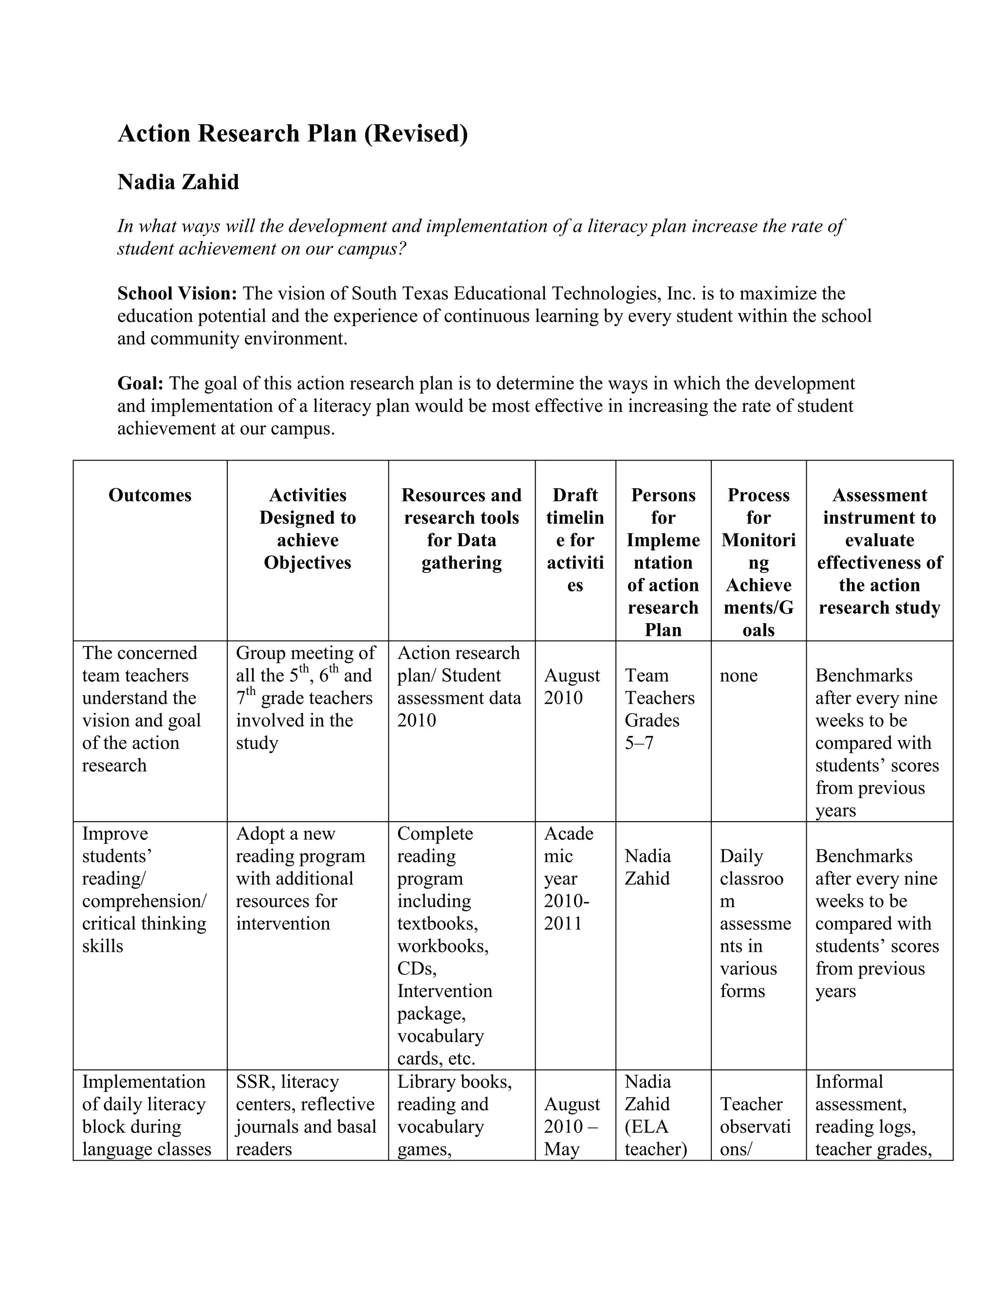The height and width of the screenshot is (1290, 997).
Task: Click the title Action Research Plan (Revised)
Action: [293, 133]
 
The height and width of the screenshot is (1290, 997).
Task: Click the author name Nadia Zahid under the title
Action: [178, 182]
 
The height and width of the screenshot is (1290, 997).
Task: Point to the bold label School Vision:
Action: [177, 294]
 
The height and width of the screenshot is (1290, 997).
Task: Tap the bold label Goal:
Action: [141, 383]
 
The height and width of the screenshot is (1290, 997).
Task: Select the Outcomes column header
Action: [150, 495]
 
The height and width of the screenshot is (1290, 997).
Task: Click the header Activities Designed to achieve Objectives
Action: [307, 528]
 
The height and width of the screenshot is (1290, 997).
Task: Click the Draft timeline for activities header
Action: [575, 539]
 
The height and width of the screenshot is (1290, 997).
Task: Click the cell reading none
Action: [739, 675]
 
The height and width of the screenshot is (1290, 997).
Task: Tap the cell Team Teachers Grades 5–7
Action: [659, 709]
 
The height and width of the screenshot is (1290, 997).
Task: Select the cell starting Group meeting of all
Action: [305, 698]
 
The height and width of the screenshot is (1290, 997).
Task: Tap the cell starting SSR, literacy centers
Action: [305, 1115]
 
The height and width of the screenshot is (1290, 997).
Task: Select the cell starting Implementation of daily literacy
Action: [146, 1115]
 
